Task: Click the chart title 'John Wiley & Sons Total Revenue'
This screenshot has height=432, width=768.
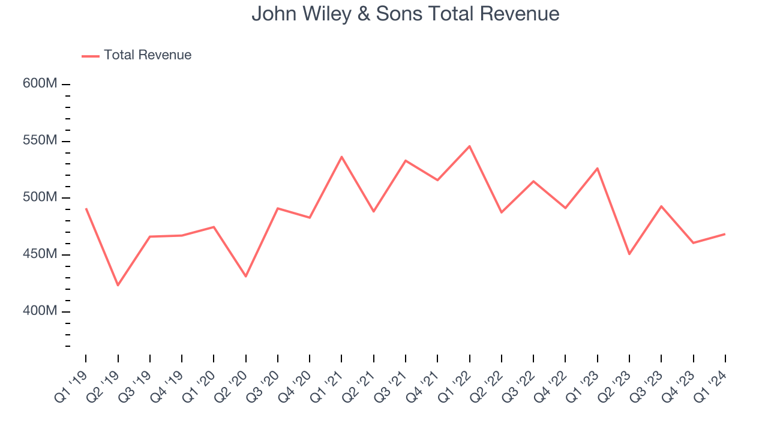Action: pyautogui.click(x=405, y=14)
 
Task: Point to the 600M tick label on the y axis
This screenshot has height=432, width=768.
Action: pyautogui.click(x=40, y=84)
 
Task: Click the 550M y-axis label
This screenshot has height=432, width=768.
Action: pyautogui.click(x=40, y=141)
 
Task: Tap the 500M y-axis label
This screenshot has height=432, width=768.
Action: pyautogui.click(x=40, y=198)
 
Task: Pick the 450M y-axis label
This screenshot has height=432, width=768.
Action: pyautogui.click(x=40, y=254)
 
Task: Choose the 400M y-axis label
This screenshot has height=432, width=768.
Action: pyautogui.click(x=40, y=311)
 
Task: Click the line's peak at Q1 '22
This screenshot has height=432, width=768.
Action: pyautogui.click(x=470, y=146)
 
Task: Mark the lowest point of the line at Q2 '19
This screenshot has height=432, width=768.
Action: pyautogui.click(x=118, y=285)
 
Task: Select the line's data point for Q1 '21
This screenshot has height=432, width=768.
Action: pyautogui.click(x=341, y=157)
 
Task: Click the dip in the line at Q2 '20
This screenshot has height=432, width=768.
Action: pyautogui.click(x=246, y=277)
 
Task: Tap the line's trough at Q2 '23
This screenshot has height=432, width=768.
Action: pyautogui.click(x=629, y=254)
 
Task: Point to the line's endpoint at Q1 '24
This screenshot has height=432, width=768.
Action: pyautogui.click(x=725, y=234)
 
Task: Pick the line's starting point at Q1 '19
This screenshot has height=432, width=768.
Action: pyautogui.click(x=86, y=208)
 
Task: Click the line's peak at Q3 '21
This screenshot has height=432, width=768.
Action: pyautogui.click(x=406, y=160)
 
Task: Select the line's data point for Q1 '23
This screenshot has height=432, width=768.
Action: pyautogui.click(x=598, y=168)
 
